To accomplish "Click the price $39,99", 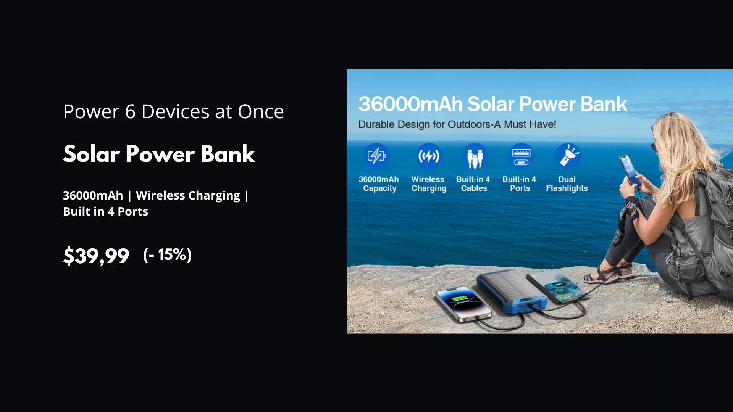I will (x=96, y=256).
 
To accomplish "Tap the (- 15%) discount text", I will (x=167, y=254).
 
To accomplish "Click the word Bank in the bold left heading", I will (x=228, y=154).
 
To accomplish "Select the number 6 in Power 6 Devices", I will (x=130, y=112).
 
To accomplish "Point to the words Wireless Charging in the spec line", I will (x=188, y=195).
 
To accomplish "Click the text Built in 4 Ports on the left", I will (x=105, y=211).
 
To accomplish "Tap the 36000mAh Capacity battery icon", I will (x=376, y=156).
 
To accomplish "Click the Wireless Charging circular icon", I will (x=428, y=156).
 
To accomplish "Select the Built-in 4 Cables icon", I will (x=475, y=156).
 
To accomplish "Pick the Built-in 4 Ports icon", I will (x=521, y=156).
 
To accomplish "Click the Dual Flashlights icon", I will (x=568, y=156).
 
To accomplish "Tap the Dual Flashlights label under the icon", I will (x=567, y=184).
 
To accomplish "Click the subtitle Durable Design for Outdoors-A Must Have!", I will (x=457, y=124).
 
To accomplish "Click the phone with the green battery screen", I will (x=463, y=304).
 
